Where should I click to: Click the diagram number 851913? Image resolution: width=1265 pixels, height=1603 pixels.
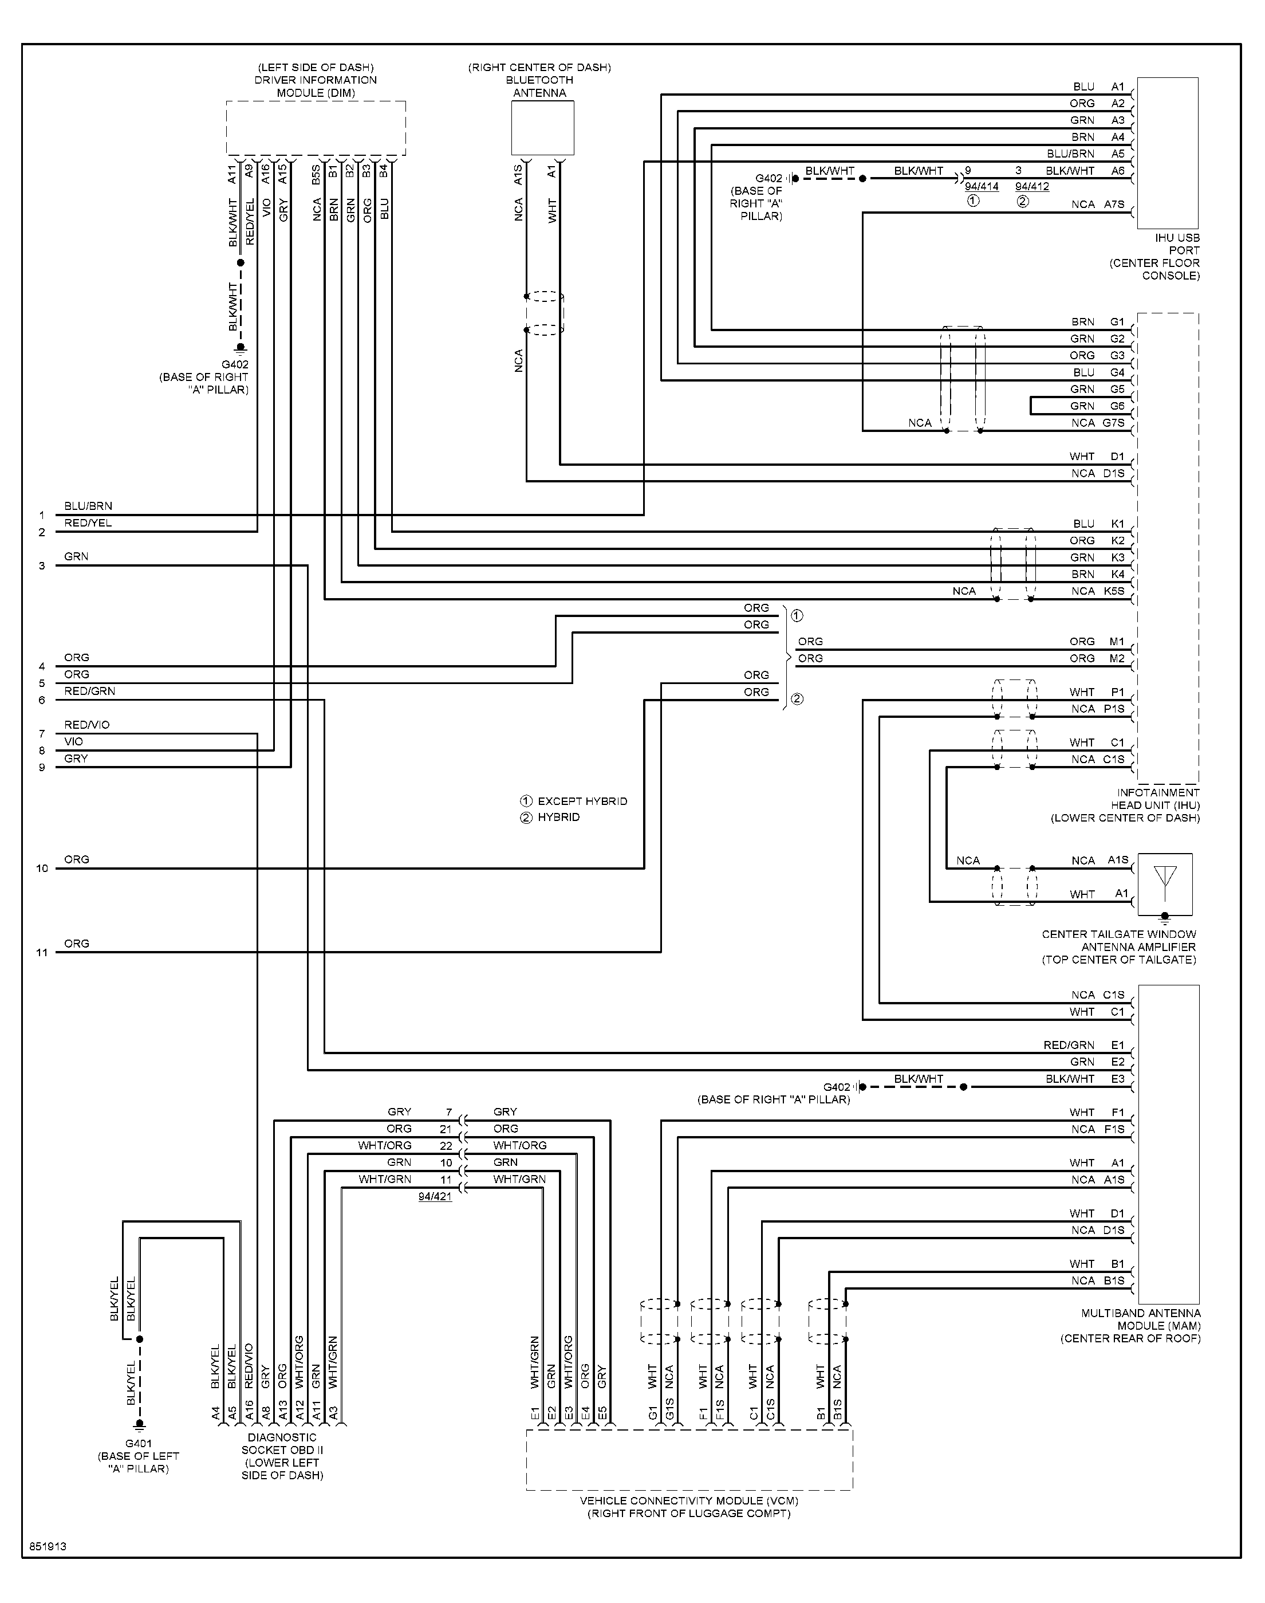point(48,1547)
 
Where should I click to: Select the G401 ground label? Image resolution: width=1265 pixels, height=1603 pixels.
point(139,1443)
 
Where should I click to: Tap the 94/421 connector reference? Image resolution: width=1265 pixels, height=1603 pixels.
point(435,1196)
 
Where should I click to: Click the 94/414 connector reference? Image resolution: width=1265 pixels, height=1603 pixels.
point(982,187)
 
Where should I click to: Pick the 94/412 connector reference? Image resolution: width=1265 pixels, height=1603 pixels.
point(1032,187)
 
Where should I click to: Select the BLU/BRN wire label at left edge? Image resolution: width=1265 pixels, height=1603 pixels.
point(88,506)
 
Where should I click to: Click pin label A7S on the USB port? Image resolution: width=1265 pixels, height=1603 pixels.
point(1114,205)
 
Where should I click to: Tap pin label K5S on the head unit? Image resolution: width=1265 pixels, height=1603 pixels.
point(1114,591)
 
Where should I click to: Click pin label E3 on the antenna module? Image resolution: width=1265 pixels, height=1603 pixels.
point(1118,1079)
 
